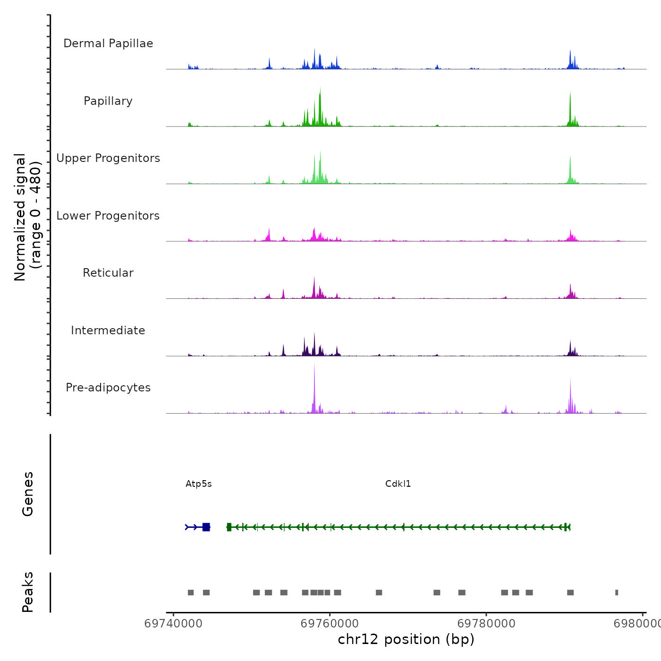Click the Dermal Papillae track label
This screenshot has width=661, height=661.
coord(108,43)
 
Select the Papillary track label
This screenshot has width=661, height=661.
coord(108,101)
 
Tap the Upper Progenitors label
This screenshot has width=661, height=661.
coord(108,158)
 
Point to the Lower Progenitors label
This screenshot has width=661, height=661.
coord(108,216)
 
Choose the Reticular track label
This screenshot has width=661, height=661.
coord(108,273)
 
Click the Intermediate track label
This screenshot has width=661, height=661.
coord(108,330)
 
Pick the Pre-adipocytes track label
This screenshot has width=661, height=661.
coord(108,388)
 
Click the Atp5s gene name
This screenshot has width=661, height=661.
coord(199,484)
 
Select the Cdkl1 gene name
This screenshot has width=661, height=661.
coord(398,484)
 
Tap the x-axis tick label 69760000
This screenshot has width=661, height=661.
coord(330,624)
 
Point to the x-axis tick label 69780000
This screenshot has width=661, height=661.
coord(486,624)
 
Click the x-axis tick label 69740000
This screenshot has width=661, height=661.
coord(173,624)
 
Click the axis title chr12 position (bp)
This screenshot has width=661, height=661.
coord(406,639)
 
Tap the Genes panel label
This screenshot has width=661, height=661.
coord(28,494)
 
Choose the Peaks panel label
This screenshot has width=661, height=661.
coord(28,592)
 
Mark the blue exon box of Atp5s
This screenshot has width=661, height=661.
coord(206,527)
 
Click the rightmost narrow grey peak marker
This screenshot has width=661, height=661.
coord(617,593)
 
